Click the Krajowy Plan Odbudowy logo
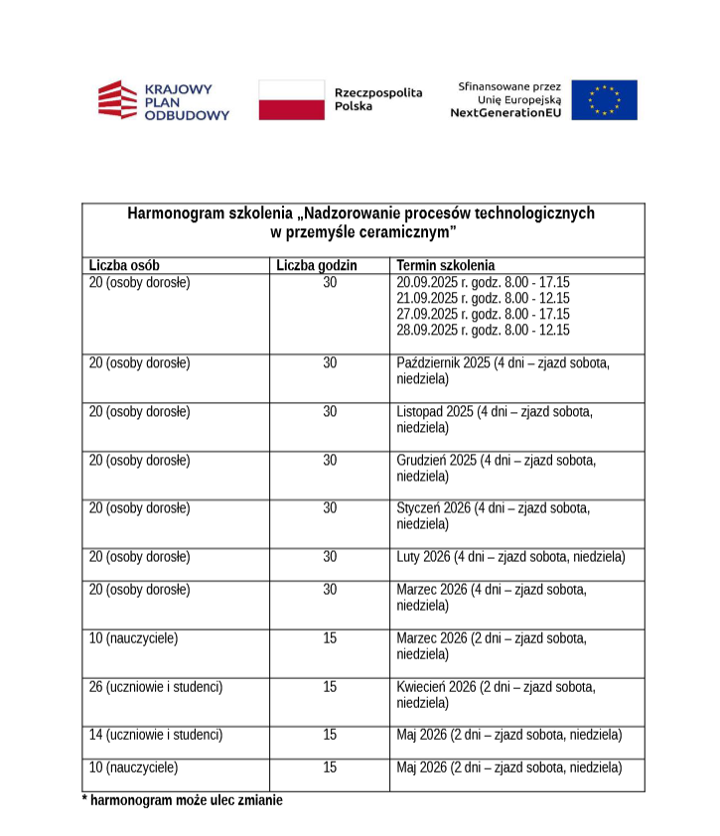[163, 100]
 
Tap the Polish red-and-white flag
[292, 100]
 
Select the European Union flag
[604, 100]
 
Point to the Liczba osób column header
[124, 265]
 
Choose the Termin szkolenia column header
[445, 265]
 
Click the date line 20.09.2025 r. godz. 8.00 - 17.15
[483, 282]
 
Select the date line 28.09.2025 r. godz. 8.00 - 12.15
[483, 330]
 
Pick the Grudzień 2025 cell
[497, 468]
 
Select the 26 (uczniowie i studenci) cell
[156, 686]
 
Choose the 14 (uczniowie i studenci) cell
[156, 735]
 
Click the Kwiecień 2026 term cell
[497, 694]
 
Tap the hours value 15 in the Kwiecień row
[330, 686]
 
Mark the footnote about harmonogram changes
[182, 800]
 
